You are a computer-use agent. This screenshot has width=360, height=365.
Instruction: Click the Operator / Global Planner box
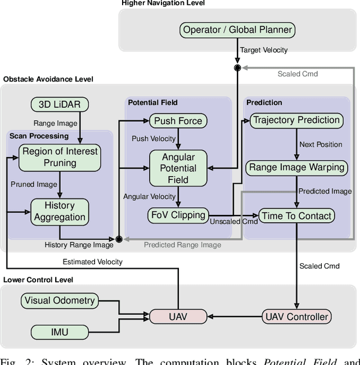pos(237,30)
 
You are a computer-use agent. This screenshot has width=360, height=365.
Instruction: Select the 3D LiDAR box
pos(59,104)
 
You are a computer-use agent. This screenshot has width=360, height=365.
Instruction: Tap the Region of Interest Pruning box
pos(60,157)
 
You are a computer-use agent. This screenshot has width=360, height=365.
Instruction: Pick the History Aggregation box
pos(60,211)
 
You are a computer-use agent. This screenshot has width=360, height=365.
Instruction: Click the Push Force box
pos(178,120)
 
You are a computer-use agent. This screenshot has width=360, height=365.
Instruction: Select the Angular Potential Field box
pos(178,168)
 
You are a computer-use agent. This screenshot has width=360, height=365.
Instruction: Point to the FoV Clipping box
pos(178,215)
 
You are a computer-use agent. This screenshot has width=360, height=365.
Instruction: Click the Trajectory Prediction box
pos(296,120)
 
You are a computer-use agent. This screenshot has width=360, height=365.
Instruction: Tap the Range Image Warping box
pos(296,167)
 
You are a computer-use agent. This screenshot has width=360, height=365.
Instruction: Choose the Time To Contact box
pos(296,215)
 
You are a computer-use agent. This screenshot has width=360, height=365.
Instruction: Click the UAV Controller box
pos(296,317)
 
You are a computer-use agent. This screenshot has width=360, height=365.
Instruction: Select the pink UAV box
pos(178,317)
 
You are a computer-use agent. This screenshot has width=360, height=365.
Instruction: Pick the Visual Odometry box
pos(60,300)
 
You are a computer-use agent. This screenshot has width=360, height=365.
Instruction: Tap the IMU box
pos(60,332)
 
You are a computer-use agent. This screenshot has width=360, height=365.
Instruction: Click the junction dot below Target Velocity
pos(237,67)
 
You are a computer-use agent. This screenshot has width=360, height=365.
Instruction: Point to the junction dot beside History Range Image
pos(119,239)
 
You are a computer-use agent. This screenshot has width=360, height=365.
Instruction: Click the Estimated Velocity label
pos(92,262)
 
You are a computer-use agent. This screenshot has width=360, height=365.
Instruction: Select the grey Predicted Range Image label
pos(182,245)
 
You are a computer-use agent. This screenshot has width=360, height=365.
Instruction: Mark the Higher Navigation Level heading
pos(163,3)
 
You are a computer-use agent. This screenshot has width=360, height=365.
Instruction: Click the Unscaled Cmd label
pos(233,222)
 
